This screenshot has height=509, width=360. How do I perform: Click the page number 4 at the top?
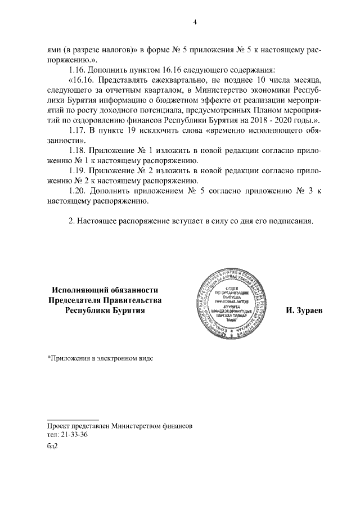(x=195, y=22)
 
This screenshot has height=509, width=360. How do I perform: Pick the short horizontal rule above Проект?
(x=73, y=420)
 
